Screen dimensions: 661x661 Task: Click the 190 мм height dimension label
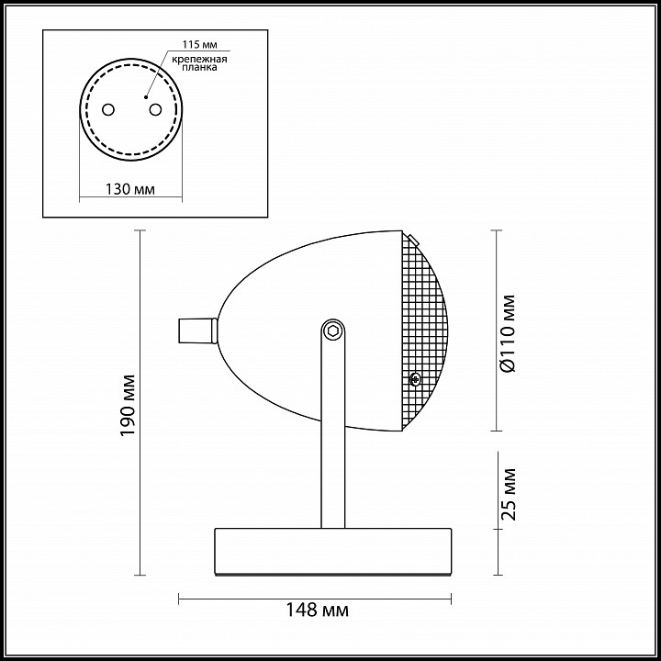129,406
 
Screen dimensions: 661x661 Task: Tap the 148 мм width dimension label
318,610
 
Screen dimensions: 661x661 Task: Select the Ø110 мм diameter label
507,333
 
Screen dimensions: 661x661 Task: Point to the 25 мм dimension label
509,494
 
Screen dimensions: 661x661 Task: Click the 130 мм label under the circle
129,189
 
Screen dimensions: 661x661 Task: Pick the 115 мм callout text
200,45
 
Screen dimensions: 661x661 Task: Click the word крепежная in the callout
199,59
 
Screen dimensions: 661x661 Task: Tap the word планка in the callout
200,67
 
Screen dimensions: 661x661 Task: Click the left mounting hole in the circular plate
108,110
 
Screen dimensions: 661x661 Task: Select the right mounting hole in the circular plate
155,110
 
